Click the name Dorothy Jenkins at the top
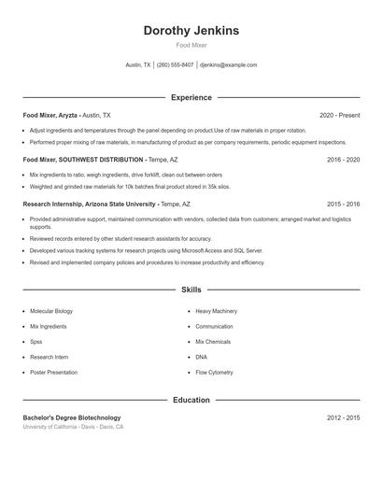point(191,30)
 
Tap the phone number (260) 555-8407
point(175,65)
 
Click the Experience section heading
point(191,97)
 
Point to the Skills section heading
point(191,290)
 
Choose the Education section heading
point(191,400)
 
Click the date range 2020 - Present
point(339,115)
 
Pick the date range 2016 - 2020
point(343,160)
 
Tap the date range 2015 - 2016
point(343,204)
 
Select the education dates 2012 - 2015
point(343,417)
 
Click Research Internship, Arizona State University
point(89,204)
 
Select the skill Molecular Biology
point(51,311)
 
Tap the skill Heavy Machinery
point(217,311)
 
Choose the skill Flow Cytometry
point(214,373)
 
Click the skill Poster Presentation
point(53,373)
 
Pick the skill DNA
point(202,357)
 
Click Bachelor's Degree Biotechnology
point(72,417)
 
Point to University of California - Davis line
point(73,427)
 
